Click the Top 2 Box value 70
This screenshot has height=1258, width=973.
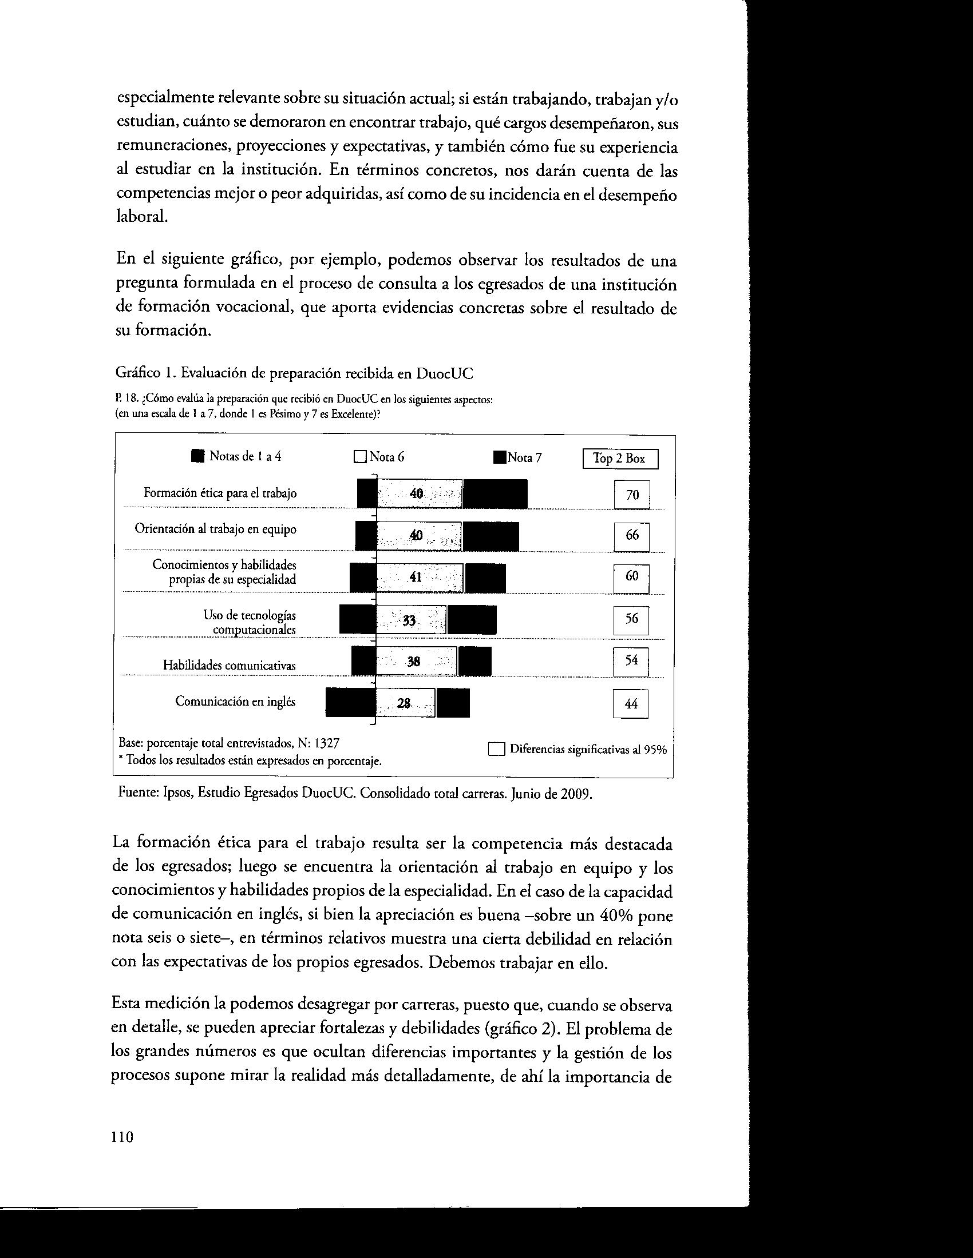click(632, 495)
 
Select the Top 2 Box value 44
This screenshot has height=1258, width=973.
click(631, 703)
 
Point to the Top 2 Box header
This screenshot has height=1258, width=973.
click(620, 459)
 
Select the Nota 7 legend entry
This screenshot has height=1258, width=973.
click(517, 458)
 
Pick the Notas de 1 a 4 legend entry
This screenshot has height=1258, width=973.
click(237, 456)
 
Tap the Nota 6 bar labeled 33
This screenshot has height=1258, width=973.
click(410, 620)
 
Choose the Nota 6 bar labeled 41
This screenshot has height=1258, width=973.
click(420, 578)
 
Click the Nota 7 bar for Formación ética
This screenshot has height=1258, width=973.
click(495, 494)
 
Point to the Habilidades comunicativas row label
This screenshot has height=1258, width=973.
click(229, 665)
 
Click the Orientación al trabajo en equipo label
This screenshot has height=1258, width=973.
click(216, 529)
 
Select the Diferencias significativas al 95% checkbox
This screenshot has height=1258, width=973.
click(496, 750)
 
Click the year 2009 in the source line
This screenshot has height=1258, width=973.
click(576, 795)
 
